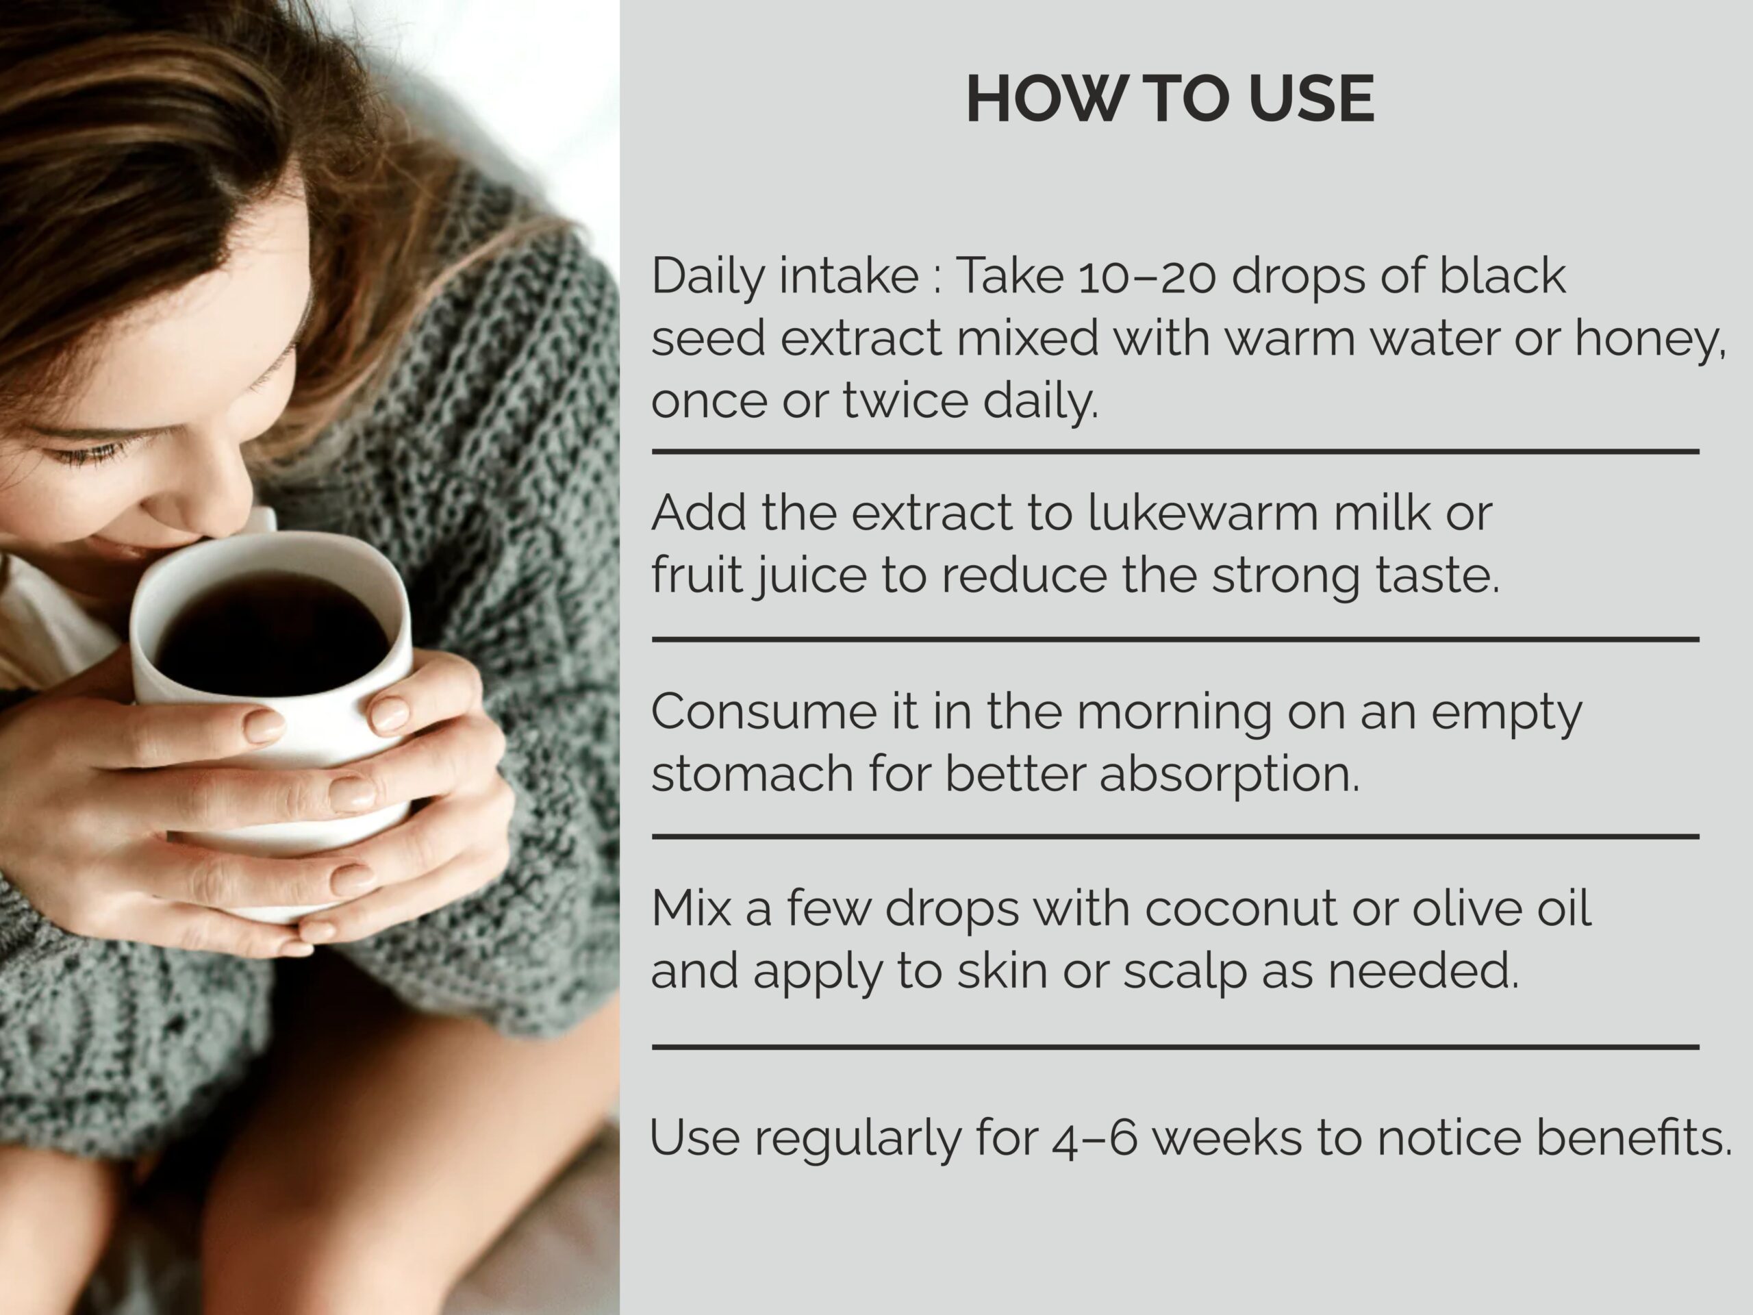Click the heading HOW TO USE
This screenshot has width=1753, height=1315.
coord(1170,99)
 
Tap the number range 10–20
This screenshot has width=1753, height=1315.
coord(1147,276)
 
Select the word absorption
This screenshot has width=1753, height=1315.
coord(1228,775)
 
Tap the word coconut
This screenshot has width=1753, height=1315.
coord(1241,909)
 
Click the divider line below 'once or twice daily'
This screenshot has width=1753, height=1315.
coord(1175,452)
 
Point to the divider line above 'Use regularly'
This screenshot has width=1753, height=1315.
coord(1175,1047)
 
